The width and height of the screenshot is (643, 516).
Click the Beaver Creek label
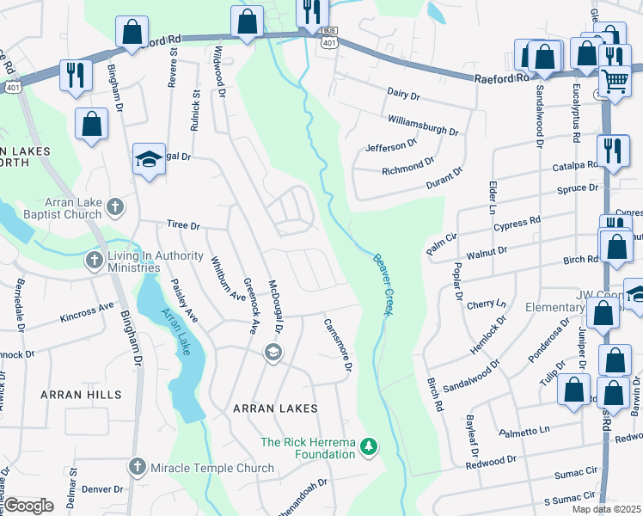382,284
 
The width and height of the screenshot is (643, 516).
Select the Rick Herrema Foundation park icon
368,445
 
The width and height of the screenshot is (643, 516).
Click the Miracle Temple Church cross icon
136,467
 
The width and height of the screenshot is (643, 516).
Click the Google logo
28,506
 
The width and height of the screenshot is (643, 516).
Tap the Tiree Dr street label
182,226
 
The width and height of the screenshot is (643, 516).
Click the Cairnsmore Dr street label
338,345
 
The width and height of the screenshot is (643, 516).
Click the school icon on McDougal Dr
273,352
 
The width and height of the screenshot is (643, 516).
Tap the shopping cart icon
615,83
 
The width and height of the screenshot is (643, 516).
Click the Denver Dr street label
102,488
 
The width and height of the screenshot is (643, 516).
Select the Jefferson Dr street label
390,146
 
